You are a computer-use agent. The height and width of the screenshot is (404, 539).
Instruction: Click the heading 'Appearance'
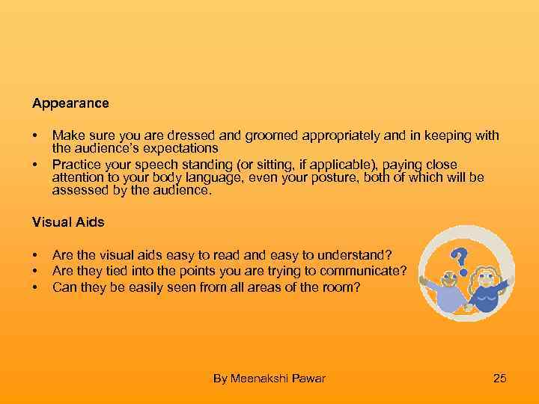click(70, 103)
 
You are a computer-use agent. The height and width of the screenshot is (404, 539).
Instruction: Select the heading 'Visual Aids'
click(68, 221)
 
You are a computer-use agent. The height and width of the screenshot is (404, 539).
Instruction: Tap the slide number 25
click(500, 379)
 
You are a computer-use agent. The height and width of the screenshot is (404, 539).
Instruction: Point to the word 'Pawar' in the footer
click(308, 379)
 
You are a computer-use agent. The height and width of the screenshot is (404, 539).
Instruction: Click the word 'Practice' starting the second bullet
click(74, 164)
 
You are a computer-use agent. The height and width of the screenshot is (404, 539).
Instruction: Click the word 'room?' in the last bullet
click(344, 287)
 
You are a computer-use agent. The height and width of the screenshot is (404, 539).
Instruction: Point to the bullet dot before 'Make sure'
click(34, 135)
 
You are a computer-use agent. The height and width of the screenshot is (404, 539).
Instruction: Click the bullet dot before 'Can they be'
click(34, 287)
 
